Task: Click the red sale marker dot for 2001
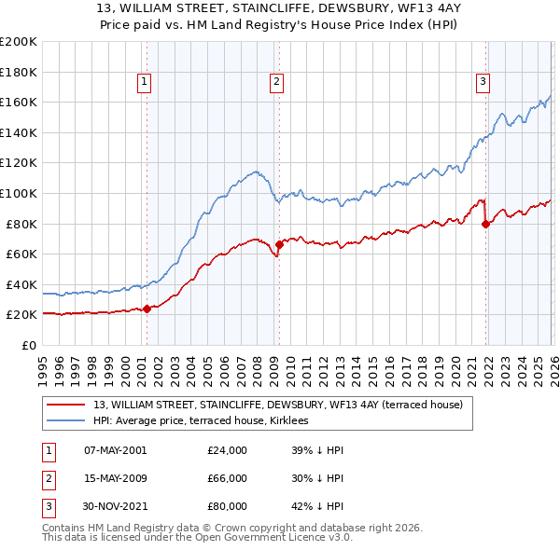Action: click(147, 309)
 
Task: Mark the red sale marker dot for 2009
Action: click(278, 244)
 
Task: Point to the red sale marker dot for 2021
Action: click(485, 224)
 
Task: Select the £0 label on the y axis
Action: click(28, 345)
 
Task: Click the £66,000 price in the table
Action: click(227, 478)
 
